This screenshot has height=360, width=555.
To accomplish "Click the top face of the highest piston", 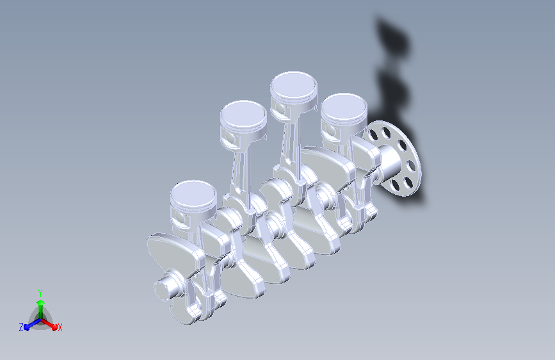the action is coord(294,85).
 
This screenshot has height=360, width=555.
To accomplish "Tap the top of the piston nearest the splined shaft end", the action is coord(193,195).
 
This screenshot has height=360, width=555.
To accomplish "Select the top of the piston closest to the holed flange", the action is coord(344,107).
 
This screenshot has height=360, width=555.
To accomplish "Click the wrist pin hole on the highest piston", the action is coord(280,110).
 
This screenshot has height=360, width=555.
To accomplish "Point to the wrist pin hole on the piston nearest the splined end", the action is coord(179,218).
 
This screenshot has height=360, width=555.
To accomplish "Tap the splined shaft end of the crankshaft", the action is coord(165,288).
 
